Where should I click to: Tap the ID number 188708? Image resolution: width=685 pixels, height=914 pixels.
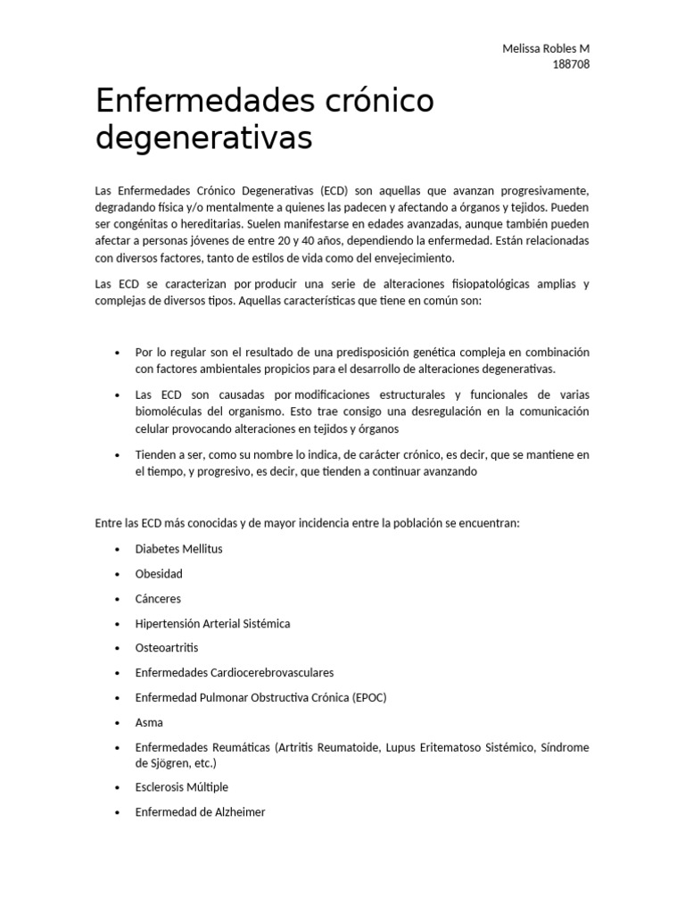[x=572, y=63]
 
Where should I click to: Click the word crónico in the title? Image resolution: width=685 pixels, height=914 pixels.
[x=376, y=103]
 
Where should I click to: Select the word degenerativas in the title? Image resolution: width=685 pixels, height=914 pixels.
[x=204, y=139]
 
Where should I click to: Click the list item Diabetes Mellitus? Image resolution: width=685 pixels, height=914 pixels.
[x=178, y=549]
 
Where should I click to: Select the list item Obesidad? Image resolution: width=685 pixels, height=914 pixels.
[x=159, y=574]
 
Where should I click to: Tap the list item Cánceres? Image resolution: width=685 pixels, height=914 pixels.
[x=158, y=598]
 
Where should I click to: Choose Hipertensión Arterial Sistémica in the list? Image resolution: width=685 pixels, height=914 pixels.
[x=212, y=623]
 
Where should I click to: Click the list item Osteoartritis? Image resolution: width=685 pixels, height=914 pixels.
[x=167, y=647]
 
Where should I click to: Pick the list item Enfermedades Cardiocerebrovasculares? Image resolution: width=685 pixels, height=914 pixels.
[x=235, y=672]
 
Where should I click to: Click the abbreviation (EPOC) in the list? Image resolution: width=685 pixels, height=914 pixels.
[x=369, y=696]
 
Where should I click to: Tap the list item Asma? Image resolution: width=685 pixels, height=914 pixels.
[x=149, y=722]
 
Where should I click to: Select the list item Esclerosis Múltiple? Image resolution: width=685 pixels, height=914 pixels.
[x=182, y=787]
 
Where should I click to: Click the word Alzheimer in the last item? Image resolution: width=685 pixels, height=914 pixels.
[x=236, y=812]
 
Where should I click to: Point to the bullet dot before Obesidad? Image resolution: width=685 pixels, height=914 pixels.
[x=117, y=575]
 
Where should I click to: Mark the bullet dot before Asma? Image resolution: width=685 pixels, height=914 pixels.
[x=117, y=723]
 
